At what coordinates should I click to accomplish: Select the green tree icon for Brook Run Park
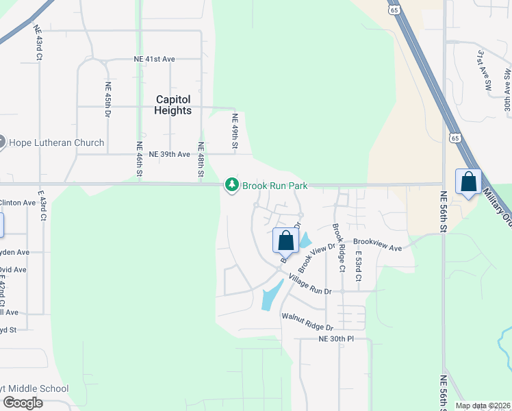click(232, 185)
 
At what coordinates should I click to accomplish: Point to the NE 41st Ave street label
click(155, 60)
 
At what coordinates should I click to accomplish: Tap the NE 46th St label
click(139, 159)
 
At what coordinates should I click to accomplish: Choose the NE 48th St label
click(201, 159)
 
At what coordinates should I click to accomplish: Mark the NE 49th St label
click(234, 132)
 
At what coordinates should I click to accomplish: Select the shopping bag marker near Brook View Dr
click(285, 240)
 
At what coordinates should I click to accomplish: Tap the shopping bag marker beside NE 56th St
click(468, 182)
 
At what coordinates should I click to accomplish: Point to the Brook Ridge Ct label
click(336, 247)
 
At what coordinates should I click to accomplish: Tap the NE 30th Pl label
click(336, 338)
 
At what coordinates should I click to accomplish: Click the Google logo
click(23, 403)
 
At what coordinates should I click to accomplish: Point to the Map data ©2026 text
click(483, 406)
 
